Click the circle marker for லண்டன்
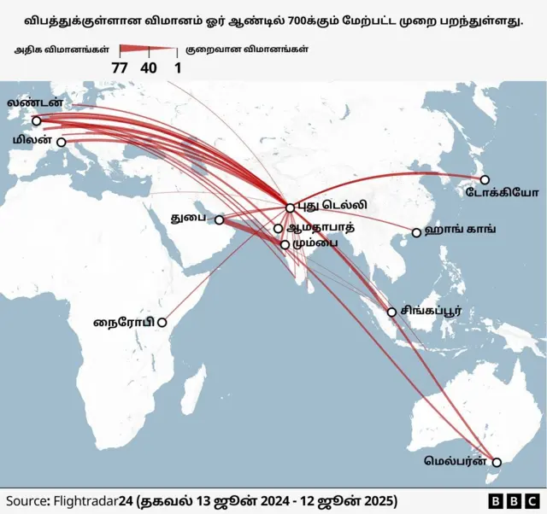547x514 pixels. point(36,120)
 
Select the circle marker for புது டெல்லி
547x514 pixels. point(290,207)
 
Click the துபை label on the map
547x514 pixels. point(189,219)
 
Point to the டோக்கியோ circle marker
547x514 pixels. point(484,179)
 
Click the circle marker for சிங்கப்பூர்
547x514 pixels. point(392,312)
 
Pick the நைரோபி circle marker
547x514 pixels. point(162,323)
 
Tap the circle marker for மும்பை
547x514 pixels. point(285,244)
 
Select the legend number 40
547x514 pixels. point(149,67)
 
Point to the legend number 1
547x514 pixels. point(177,67)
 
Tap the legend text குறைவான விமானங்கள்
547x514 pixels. point(248,50)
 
